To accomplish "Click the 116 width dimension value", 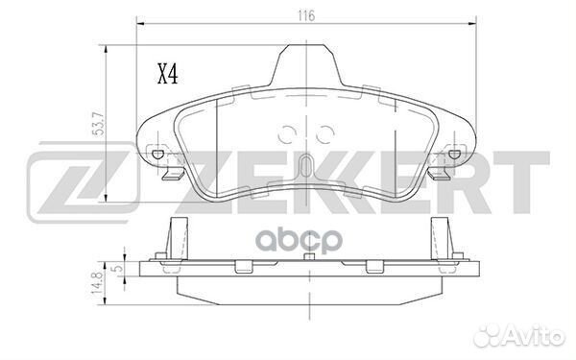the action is tap(306, 15).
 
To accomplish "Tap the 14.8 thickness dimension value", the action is tap(97, 282).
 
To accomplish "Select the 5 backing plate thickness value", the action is tap(118, 269).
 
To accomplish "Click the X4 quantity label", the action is tap(167, 74).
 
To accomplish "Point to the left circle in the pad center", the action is tap(287, 134).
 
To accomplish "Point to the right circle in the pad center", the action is tap(325, 134).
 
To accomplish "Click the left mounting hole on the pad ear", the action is tap(158, 154).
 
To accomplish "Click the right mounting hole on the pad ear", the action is tap(454, 154).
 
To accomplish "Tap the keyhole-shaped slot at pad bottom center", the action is tap(305, 166).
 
